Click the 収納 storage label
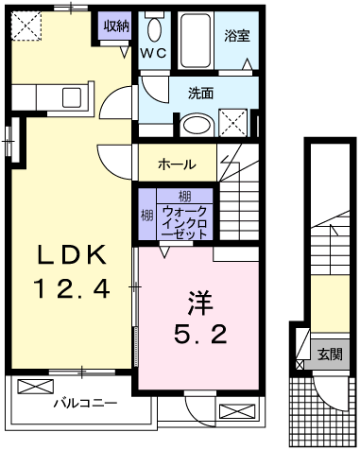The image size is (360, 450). (116, 25)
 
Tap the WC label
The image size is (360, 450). (154, 54)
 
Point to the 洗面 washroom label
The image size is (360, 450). (200, 94)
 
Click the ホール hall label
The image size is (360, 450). (177, 164)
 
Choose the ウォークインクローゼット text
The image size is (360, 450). (186, 221)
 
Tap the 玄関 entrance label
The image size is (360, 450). (330, 355)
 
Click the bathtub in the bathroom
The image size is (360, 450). (197, 38)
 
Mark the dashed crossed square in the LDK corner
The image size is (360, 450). (28, 26)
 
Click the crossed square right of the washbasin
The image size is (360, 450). (233, 122)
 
